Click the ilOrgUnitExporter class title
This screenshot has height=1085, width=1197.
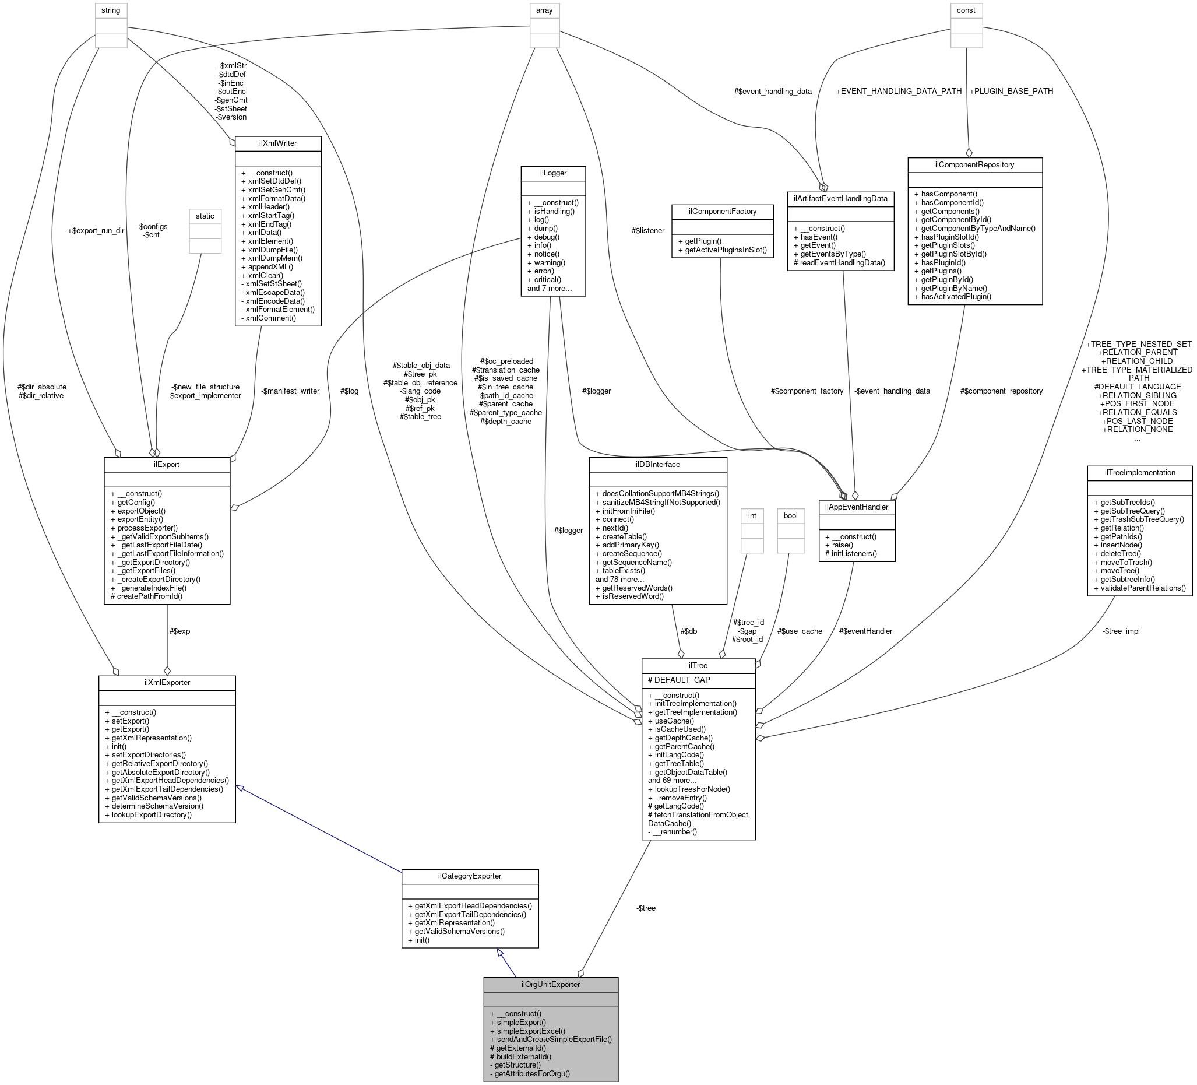tap(550, 984)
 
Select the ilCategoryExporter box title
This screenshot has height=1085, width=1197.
tap(470, 876)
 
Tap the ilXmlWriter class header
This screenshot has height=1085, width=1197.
tap(278, 143)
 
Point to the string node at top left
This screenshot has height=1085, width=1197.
tap(112, 10)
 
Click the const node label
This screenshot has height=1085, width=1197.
tap(966, 10)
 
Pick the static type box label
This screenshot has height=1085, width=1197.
tap(205, 216)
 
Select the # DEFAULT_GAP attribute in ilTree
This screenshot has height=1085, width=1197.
tap(679, 680)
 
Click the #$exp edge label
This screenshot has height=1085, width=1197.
tap(180, 631)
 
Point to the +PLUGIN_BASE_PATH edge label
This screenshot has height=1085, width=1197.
tap(1011, 92)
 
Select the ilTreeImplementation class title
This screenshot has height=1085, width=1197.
tap(1139, 473)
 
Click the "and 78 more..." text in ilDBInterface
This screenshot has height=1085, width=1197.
tap(620, 579)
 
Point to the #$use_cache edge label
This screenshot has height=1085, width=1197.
tap(800, 631)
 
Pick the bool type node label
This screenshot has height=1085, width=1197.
tap(790, 515)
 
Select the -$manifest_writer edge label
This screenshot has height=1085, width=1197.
tap(290, 391)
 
